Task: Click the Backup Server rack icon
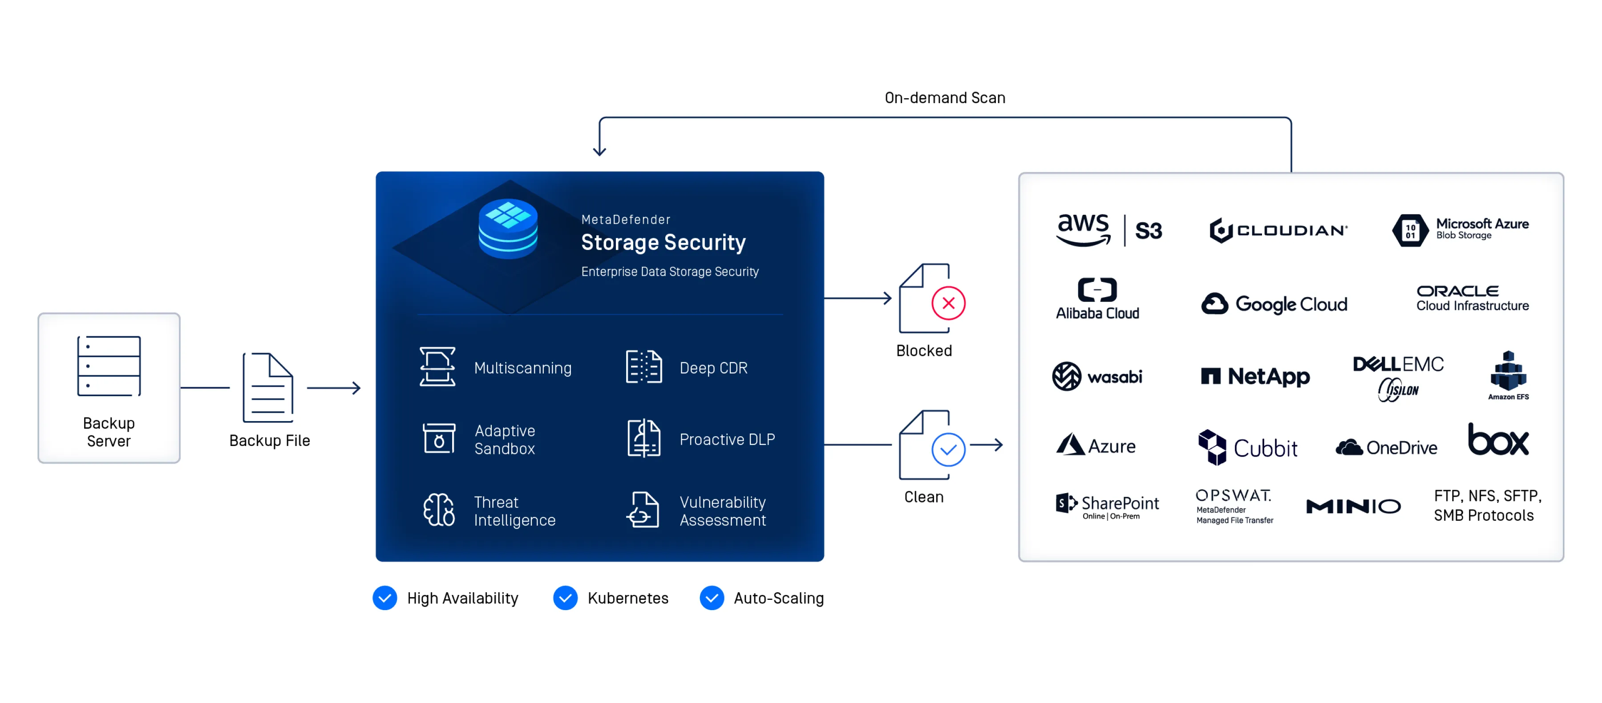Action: point(109,366)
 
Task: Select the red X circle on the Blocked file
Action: point(948,303)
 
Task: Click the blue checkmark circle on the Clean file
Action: point(948,450)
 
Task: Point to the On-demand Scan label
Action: point(944,97)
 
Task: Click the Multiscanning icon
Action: point(437,367)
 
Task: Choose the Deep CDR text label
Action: point(713,368)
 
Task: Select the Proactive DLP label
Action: point(726,439)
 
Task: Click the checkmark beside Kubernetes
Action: point(565,598)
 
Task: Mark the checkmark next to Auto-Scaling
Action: point(712,598)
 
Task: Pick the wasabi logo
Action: point(1096,376)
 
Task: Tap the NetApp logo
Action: point(1255,376)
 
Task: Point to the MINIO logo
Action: point(1353,506)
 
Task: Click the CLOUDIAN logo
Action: point(1278,230)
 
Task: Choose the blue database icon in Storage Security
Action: point(508,228)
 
